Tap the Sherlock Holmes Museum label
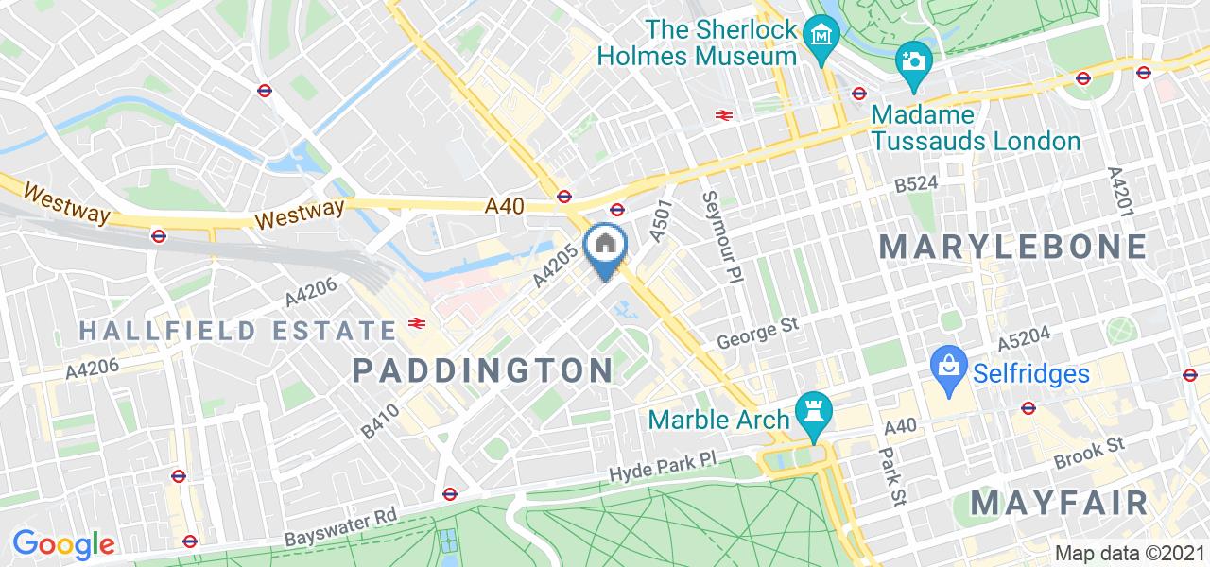pos(696,43)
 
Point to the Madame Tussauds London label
pos(975,128)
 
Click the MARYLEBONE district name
pos(1012,247)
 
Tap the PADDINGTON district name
pos(483,369)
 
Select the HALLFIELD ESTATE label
pos(237,331)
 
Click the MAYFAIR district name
pos(1059,502)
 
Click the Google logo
pos(62,544)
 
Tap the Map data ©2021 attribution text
pos(1128,553)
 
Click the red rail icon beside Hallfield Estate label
pos(415,323)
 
